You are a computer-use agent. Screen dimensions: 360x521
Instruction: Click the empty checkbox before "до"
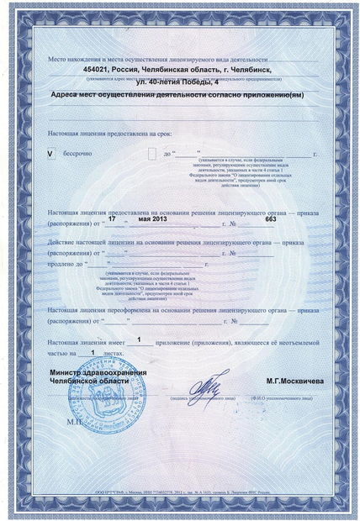[152, 155]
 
